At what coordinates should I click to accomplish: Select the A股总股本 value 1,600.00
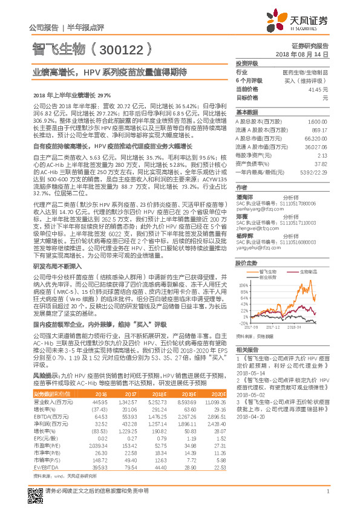[x=318, y=122]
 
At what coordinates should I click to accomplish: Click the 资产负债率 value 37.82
[x=321, y=164]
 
